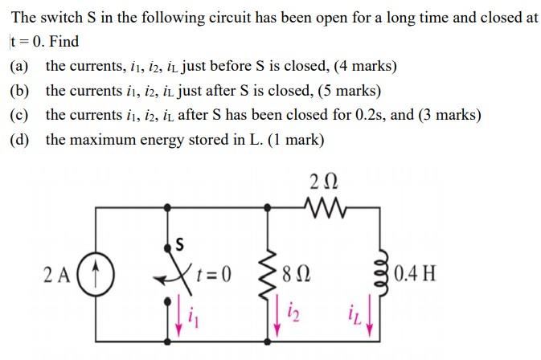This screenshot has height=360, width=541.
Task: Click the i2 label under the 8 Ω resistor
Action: [x=292, y=312]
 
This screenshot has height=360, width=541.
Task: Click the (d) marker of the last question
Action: [x=19, y=139]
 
